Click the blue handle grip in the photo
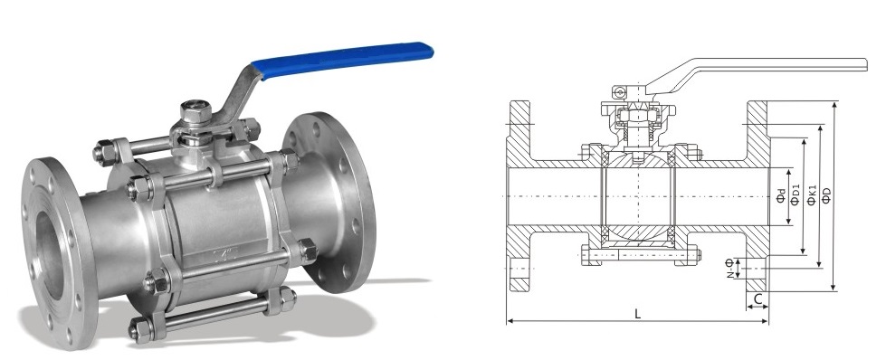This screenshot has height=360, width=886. tap(342, 59)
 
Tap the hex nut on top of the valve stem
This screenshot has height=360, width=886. tap(196, 112)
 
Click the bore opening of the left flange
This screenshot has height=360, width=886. tap(49, 254)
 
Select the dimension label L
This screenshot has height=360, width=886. tap(637, 314)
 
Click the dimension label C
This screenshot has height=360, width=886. tap(758, 298)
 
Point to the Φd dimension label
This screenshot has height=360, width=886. tap(780, 197)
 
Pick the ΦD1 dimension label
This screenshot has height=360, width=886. tap(795, 194)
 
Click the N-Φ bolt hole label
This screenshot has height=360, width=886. tap(729, 268)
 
